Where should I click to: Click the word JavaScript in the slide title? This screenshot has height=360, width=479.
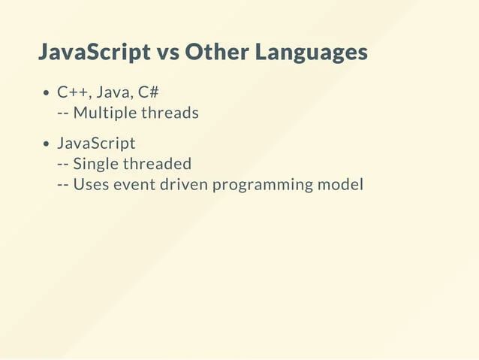(94, 53)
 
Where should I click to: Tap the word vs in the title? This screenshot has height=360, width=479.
(167, 53)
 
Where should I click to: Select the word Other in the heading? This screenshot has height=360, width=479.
(215, 53)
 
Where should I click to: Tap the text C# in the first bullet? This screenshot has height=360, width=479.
(149, 92)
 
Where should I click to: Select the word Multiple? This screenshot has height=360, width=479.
(104, 113)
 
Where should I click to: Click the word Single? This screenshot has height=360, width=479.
(96, 164)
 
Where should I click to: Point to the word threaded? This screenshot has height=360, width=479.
(157, 163)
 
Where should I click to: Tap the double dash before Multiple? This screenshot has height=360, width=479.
(63, 113)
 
